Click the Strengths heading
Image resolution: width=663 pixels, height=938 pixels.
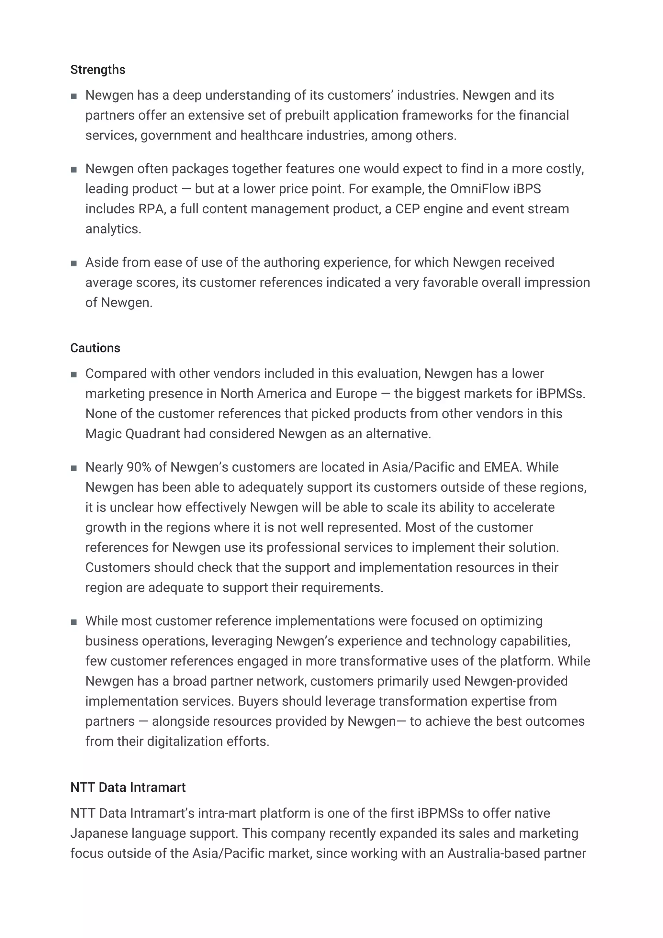click(x=98, y=70)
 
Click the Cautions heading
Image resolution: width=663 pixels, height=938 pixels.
click(x=95, y=348)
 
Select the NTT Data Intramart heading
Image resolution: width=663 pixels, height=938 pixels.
click(x=128, y=787)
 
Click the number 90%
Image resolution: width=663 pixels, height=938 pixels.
click(x=139, y=467)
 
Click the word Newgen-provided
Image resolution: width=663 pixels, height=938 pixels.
click(x=515, y=681)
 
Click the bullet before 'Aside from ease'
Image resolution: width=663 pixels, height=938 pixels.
click(x=74, y=263)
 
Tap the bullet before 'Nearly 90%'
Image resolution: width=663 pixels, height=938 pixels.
click(x=74, y=468)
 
